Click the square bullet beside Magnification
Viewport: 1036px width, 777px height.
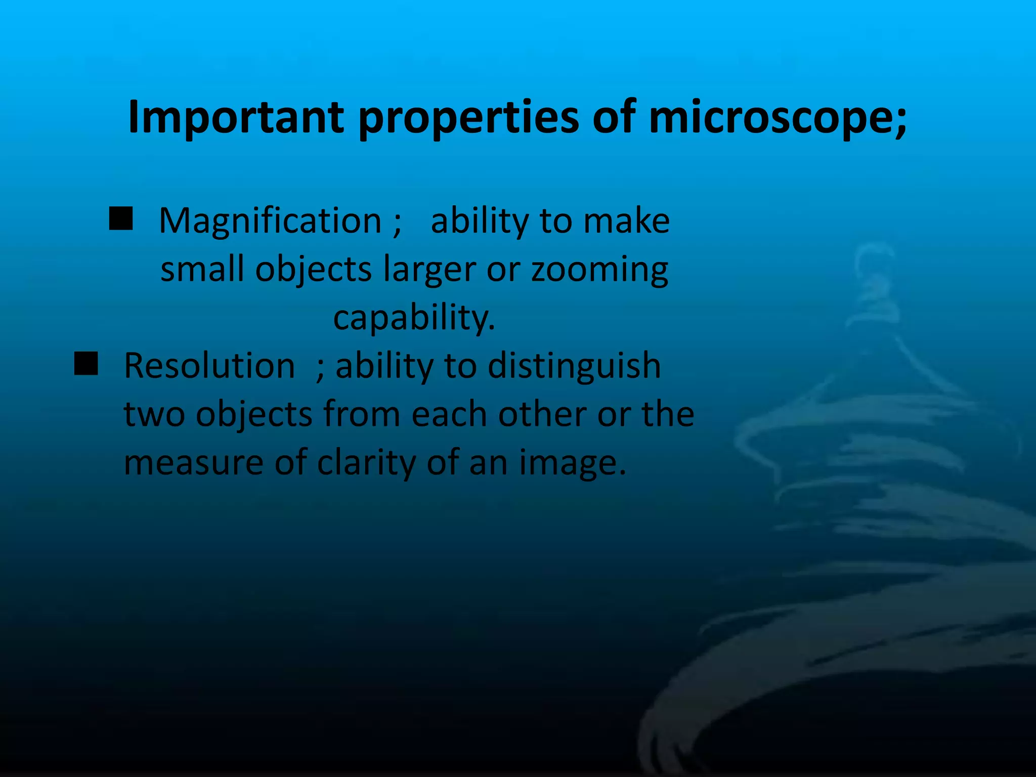[x=121, y=219]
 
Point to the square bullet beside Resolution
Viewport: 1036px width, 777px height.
[x=86, y=364]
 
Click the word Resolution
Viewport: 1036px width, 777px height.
[x=209, y=366]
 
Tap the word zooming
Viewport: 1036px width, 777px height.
[x=599, y=270]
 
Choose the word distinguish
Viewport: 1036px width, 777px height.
[x=574, y=366]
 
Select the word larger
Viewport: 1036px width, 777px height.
[x=429, y=270]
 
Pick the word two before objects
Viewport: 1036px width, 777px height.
[x=154, y=414]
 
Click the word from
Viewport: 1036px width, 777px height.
[x=362, y=414]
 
